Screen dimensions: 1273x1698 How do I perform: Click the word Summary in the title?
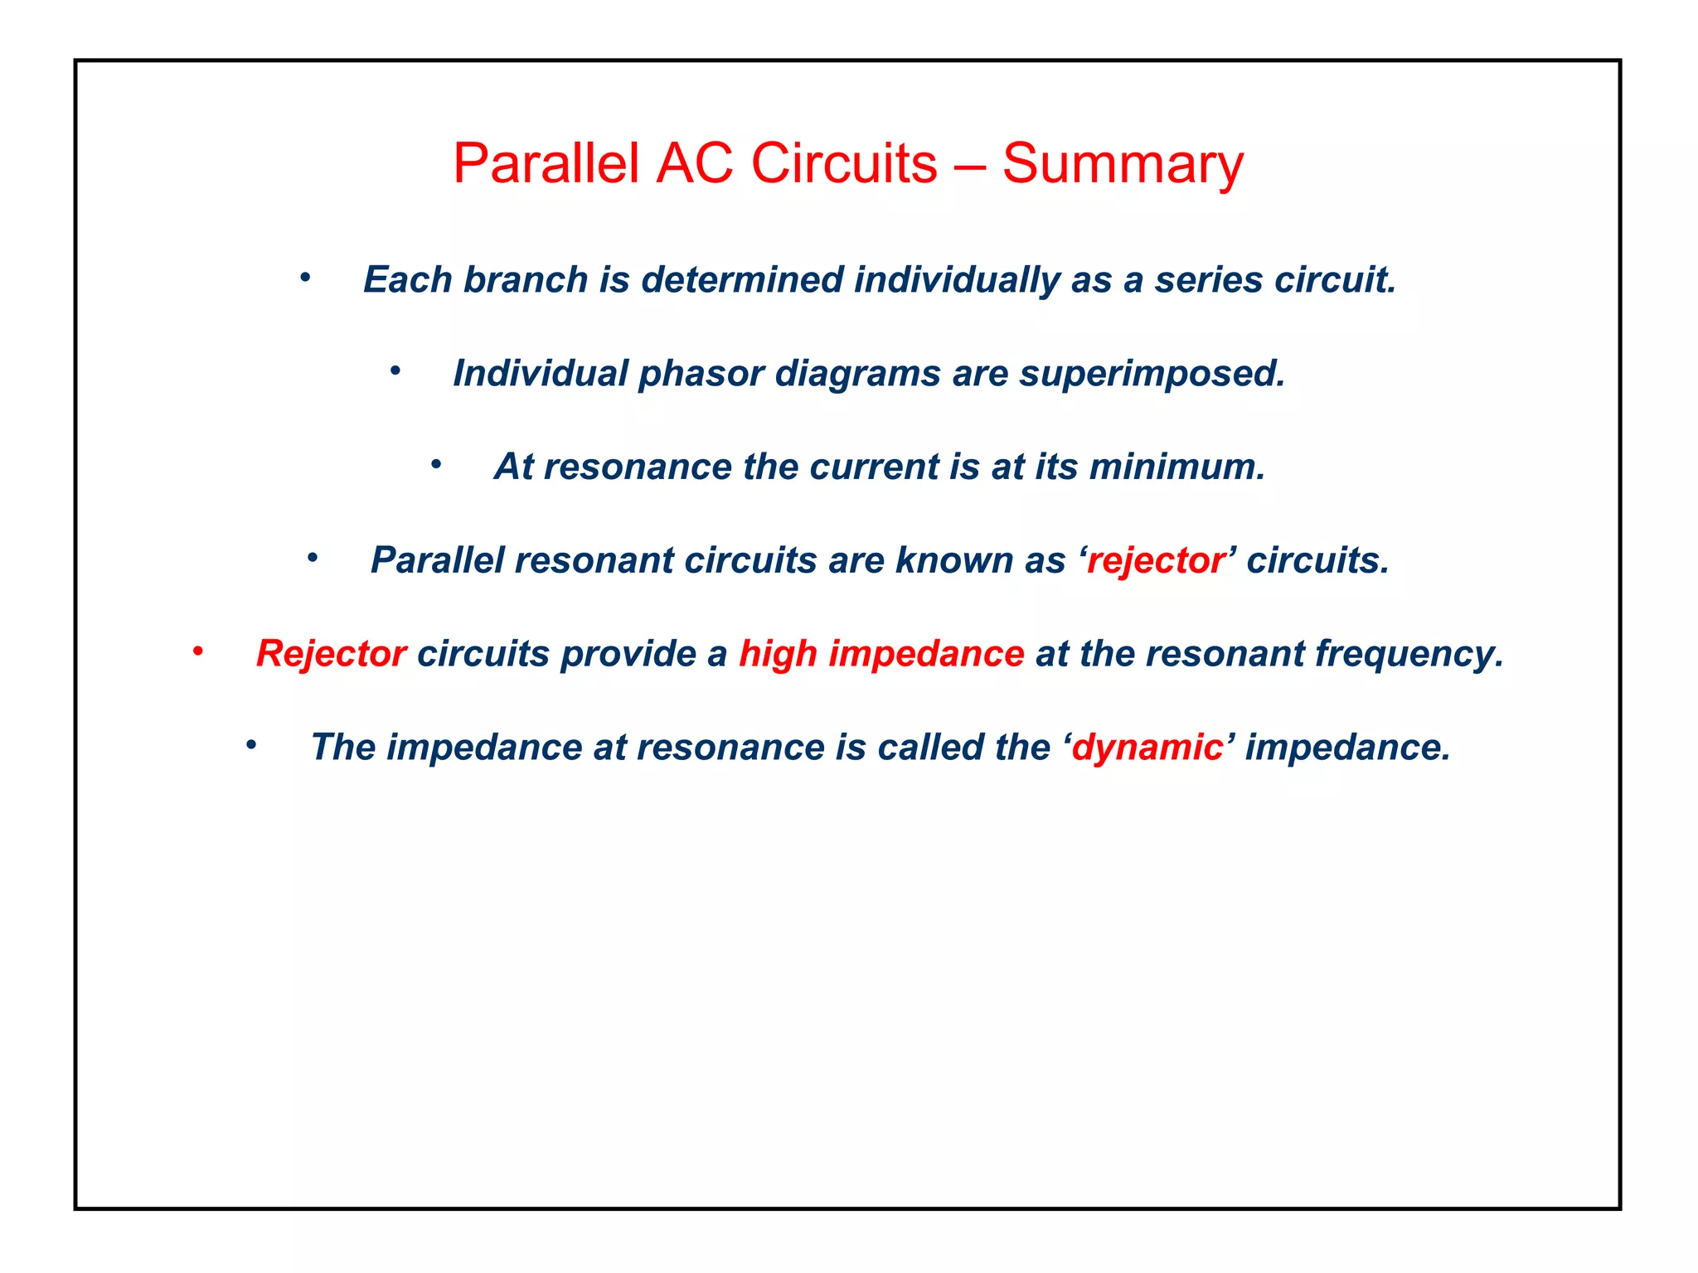click(1123, 164)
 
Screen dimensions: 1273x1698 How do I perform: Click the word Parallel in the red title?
click(546, 163)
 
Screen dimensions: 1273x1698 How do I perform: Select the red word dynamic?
click(1147, 748)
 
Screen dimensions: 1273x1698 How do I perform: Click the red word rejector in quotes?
click(1156, 561)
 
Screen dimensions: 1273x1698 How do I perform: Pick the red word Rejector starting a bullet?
click(331, 654)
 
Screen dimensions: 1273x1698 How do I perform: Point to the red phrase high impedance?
click(881, 654)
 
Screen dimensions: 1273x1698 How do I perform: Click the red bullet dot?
click(198, 652)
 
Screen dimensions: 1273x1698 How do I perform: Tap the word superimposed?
click(1152, 374)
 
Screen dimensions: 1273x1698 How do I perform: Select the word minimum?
click(1176, 467)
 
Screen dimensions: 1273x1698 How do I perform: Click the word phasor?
click(701, 374)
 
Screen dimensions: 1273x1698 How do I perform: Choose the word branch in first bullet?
click(526, 280)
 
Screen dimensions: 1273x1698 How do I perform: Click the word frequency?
click(1409, 654)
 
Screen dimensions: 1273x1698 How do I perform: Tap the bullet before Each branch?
click(305, 278)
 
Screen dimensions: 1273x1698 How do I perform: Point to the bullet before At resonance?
click(435, 465)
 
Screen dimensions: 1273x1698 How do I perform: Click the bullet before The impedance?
click(251, 746)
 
